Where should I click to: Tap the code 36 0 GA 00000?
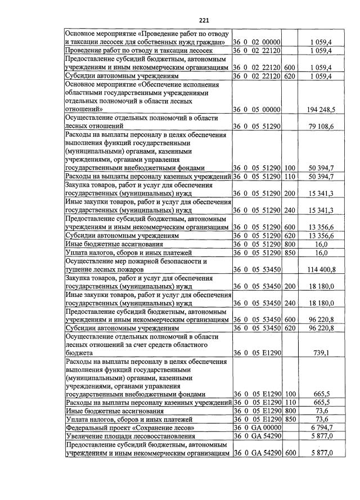pyautogui.click(x=257, y=427)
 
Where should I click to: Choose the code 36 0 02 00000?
pyautogui.click(x=257, y=42)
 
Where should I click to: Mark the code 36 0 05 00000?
pyautogui.click(x=257, y=109)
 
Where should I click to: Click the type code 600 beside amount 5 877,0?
pyautogui.click(x=290, y=453)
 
